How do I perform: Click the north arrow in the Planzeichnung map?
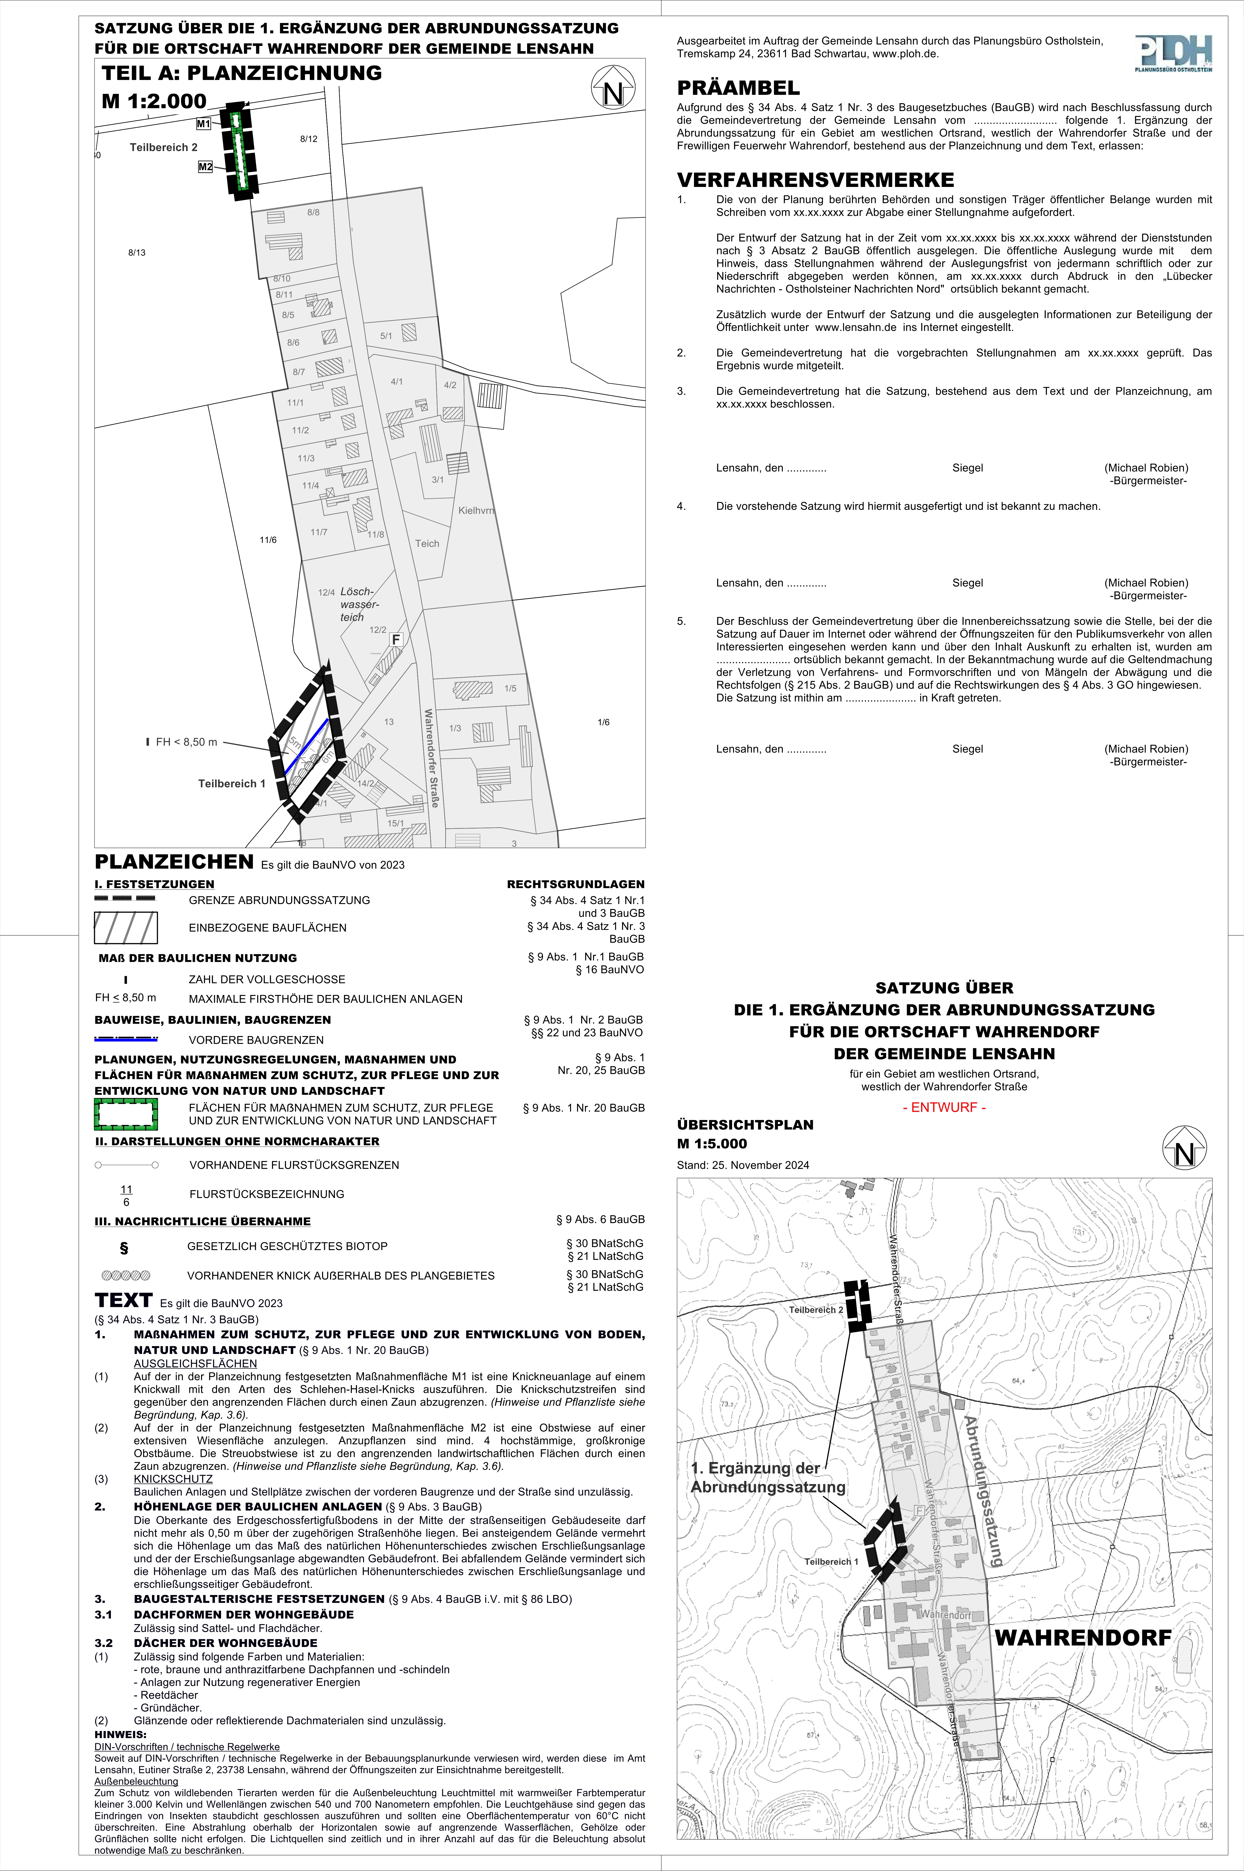(613, 89)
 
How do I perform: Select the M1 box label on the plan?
(204, 124)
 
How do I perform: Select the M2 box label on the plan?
(206, 167)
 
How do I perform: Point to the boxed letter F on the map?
(396, 639)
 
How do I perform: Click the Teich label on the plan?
(427, 543)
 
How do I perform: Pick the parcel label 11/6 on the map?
(268, 540)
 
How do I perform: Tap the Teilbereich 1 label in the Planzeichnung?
(232, 783)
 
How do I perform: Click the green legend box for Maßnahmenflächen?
(126, 1114)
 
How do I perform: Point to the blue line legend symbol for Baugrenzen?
(126, 1039)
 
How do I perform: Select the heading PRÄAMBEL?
(738, 88)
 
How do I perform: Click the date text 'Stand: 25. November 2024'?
(743, 1165)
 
